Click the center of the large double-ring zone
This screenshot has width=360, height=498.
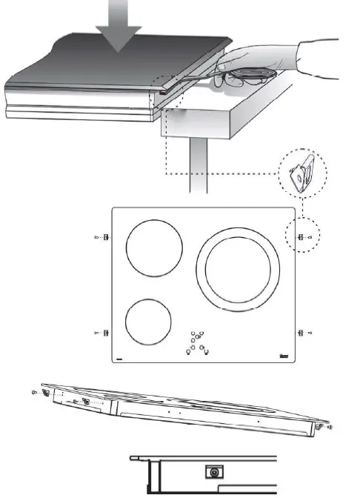coord(239,270)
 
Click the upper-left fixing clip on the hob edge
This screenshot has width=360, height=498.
coord(104,237)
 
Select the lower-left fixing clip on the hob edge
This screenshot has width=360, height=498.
coord(104,333)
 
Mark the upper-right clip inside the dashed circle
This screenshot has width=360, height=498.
coord(301,237)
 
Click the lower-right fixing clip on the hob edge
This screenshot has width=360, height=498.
coord(300,333)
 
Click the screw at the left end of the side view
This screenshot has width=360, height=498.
coord(36,393)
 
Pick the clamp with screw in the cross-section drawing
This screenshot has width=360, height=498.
coord(214,471)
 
